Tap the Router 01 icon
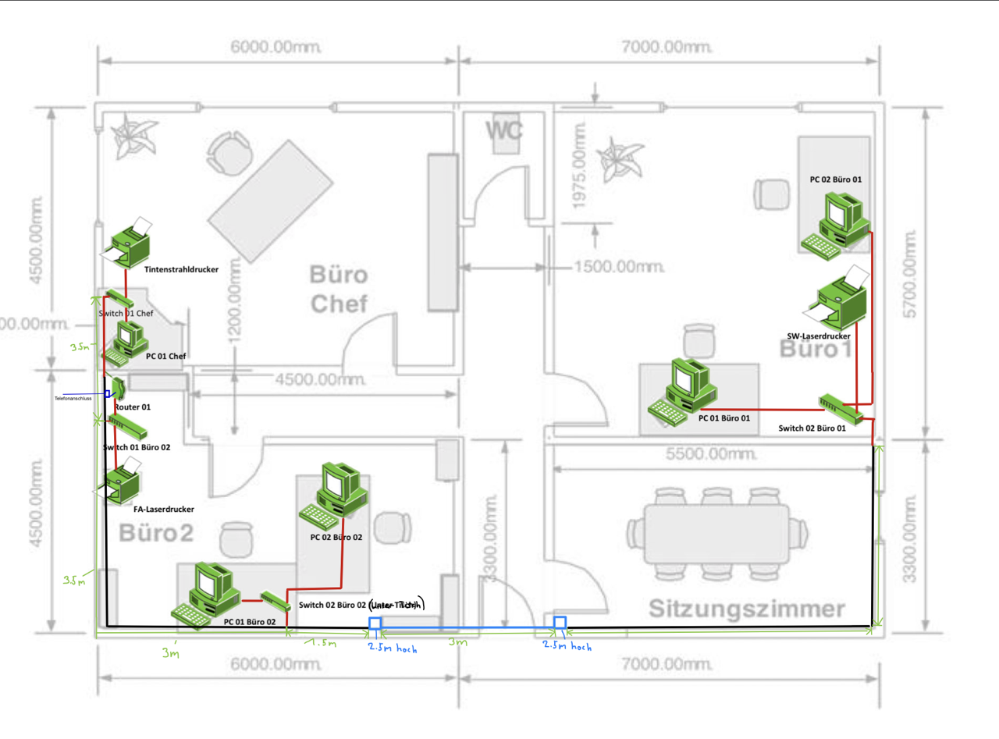118,388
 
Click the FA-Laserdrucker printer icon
122,484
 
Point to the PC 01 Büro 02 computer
204,595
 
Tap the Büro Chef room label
338,289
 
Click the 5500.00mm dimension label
713,453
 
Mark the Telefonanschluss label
73,398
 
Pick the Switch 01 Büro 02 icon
126,426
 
